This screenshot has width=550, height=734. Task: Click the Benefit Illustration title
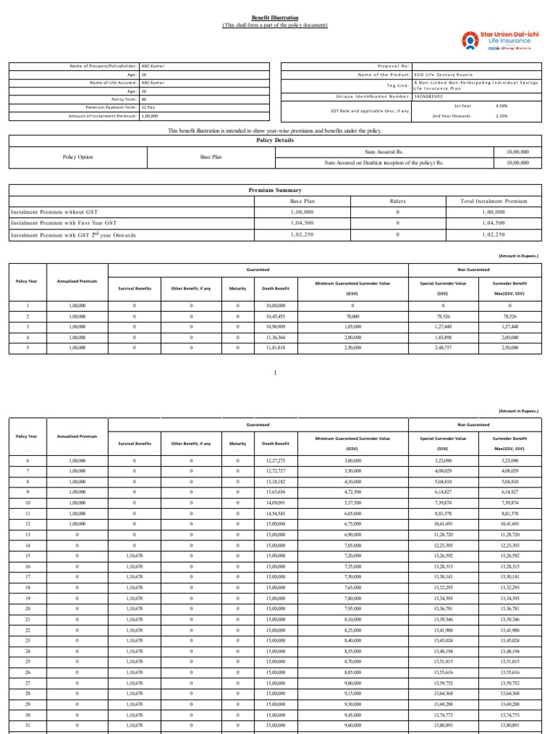point(275,17)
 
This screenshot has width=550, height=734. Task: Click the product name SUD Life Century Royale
point(443,75)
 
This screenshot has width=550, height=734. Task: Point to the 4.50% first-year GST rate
point(501,105)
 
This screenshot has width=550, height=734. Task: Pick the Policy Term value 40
point(144,99)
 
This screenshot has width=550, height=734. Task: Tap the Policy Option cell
point(77,157)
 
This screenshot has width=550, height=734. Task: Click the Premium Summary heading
point(275,190)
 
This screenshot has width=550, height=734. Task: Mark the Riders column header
point(397,201)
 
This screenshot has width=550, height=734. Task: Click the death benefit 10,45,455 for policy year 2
point(276,316)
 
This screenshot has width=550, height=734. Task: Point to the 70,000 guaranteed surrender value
point(352,316)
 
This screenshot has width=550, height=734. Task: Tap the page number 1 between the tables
point(275,373)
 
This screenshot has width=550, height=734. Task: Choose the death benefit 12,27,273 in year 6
point(276,460)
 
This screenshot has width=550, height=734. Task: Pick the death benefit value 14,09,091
point(276,502)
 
